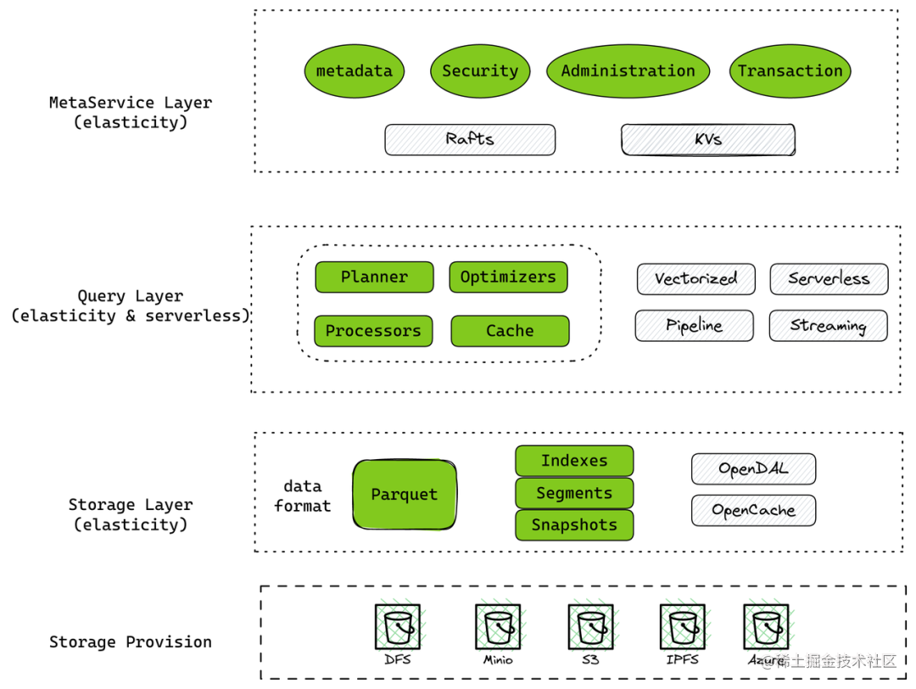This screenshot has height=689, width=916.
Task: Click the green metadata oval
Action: (354, 71)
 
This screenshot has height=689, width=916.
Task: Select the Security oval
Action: (480, 71)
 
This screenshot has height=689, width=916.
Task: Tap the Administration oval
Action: (628, 71)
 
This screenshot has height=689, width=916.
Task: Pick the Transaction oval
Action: (790, 71)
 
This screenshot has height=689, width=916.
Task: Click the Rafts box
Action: (470, 140)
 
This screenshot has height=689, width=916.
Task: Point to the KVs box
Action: (708, 140)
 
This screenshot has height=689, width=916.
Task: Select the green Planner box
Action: (374, 277)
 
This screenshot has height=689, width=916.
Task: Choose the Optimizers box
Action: (508, 277)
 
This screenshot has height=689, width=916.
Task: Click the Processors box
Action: (373, 331)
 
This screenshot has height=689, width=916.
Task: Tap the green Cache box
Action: (510, 331)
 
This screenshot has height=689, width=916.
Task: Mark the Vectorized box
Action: (695, 278)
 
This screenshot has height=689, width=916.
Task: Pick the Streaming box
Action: (828, 326)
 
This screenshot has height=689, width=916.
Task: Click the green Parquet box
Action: (405, 495)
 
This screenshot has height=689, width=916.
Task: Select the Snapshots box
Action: (574, 525)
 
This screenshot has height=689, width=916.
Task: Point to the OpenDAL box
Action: (753, 469)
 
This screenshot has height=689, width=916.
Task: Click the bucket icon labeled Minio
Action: (498, 627)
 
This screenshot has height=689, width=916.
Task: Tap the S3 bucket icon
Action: (590, 627)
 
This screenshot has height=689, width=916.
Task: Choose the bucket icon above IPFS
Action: (682, 627)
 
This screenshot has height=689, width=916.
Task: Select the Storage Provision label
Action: (131, 642)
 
